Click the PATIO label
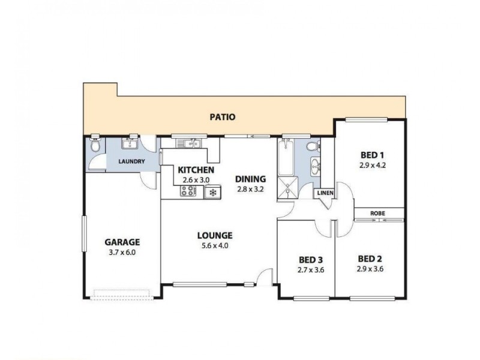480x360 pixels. point(222,116)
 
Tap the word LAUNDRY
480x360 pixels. point(131,162)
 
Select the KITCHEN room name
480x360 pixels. point(196,170)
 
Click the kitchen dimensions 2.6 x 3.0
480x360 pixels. point(196,179)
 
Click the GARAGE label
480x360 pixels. point(122,242)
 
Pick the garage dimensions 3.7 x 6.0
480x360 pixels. point(122,252)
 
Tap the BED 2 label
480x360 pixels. point(370,259)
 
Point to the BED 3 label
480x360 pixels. point(311,260)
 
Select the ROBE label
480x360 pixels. point(378,214)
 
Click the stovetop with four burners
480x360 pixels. point(187,191)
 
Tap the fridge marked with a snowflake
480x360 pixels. point(212,192)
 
